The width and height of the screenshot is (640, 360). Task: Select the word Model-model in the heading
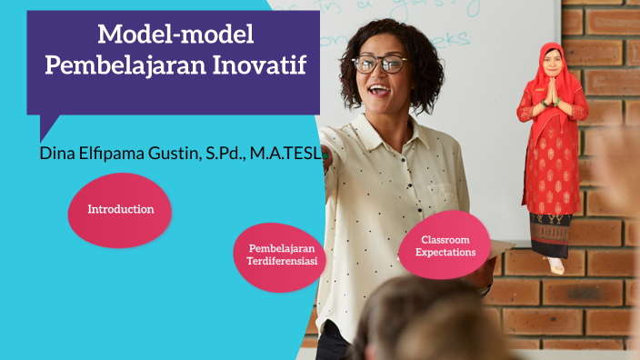tap(175, 35)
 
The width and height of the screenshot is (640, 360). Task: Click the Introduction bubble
tap(120, 210)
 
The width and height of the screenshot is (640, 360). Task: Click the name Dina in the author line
tap(58, 153)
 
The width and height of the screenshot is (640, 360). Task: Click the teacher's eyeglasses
tap(379, 64)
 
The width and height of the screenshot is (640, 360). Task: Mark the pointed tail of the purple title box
tap(46, 128)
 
